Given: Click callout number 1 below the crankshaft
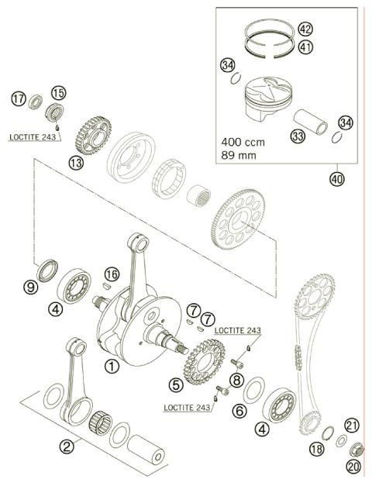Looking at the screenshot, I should [112, 366].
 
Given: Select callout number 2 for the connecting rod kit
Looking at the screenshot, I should [67, 446].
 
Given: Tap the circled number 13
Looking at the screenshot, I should [75, 163].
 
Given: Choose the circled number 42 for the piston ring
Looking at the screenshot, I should [305, 29].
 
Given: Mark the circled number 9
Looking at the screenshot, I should [32, 287].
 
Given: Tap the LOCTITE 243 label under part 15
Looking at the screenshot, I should [33, 136].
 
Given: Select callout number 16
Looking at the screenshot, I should [112, 274].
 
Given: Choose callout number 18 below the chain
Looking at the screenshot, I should [316, 449].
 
